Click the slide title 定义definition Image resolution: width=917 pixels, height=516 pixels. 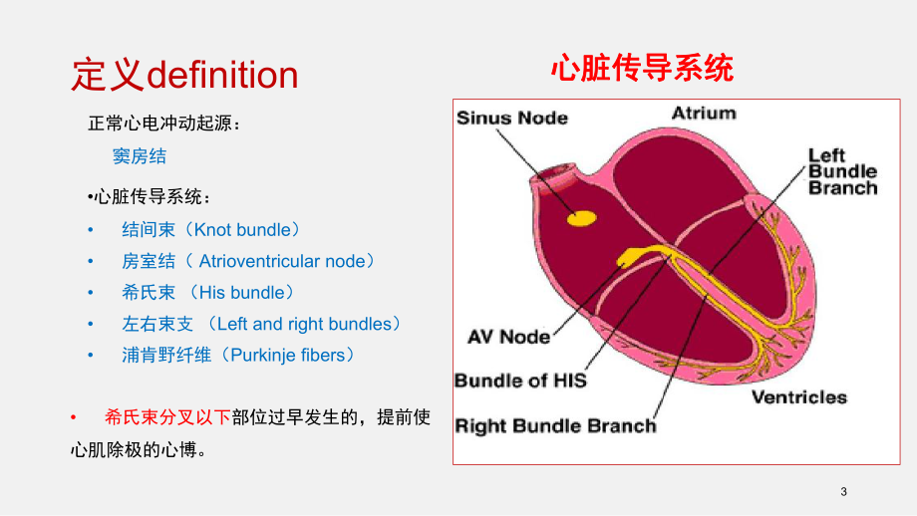(x=184, y=75)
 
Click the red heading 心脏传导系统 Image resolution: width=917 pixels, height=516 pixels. (x=642, y=69)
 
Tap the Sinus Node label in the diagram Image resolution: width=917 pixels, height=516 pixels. (x=511, y=119)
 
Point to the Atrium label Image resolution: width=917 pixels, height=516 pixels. (x=704, y=113)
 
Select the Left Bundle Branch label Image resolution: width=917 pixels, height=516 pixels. (x=841, y=171)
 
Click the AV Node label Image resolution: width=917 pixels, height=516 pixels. (x=508, y=337)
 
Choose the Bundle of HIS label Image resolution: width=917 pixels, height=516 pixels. (x=520, y=381)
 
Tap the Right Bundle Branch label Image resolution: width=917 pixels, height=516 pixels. (x=555, y=426)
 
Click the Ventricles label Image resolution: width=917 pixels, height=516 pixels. (x=798, y=397)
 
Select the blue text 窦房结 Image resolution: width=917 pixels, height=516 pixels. (x=140, y=155)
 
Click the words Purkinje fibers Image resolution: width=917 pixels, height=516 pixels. (x=286, y=355)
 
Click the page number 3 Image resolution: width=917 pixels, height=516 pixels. (x=843, y=492)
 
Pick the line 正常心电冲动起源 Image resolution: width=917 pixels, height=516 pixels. (x=163, y=125)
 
